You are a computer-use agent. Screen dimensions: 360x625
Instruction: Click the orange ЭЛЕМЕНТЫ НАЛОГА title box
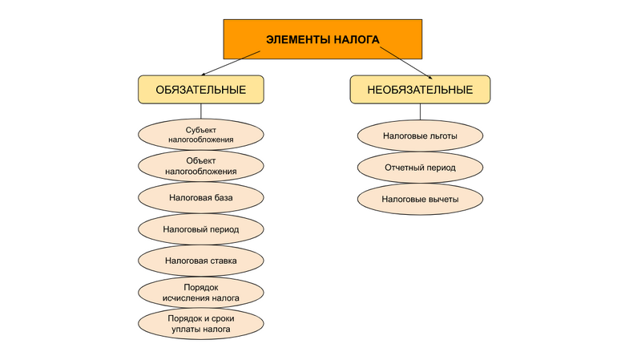[x=321, y=40]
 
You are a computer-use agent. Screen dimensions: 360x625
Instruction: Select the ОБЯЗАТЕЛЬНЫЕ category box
[x=200, y=89]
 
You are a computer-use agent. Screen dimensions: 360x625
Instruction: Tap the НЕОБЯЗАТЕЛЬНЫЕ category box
[x=419, y=89]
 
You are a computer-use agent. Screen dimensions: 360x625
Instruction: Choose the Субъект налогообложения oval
[x=200, y=135]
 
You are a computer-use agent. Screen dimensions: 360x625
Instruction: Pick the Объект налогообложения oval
[x=200, y=166]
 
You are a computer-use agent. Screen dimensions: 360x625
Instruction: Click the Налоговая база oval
[x=200, y=197]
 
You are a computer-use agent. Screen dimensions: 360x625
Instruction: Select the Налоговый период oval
[x=200, y=229]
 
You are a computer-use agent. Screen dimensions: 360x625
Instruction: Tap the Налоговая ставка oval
[x=200, y=261]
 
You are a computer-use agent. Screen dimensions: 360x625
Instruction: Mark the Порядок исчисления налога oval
[x=200, y=292]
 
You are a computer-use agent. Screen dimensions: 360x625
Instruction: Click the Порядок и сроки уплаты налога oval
[x=200, y=323]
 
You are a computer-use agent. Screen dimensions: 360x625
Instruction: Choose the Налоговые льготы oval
[x=419, y=136]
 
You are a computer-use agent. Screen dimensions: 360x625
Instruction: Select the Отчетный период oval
[x=419, y=168]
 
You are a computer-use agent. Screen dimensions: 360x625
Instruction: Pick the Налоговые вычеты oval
[x=419, y=199]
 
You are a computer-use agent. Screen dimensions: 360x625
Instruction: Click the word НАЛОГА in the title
[x=353, y=40]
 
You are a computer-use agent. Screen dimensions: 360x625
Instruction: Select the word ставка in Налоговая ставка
[x=224, y=261]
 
